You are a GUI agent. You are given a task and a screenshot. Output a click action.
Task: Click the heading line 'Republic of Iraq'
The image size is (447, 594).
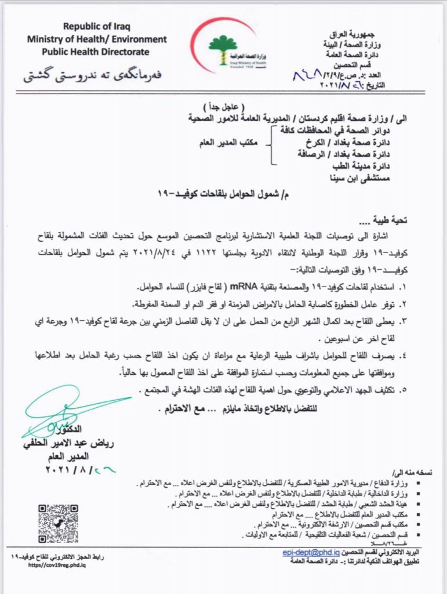tap(97, 26)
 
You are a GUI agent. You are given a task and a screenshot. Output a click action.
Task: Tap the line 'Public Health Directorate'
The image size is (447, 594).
tap(97, 52)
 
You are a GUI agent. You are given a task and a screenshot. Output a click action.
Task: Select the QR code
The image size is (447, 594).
tap(58, 524)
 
